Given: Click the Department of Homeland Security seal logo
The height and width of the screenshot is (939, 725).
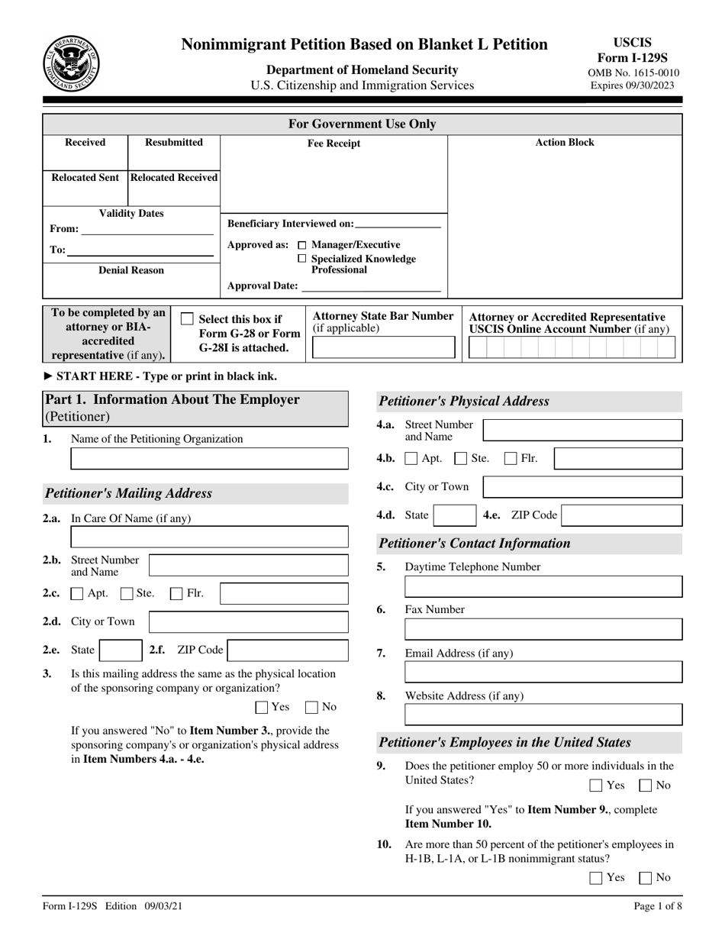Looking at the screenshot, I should pos(71,63).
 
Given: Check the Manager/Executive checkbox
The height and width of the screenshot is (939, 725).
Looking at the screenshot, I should pos(302,245).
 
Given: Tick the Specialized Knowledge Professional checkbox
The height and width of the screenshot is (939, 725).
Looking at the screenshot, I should pos(302,259).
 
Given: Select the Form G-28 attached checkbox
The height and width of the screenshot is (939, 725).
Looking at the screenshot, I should pos(187,319).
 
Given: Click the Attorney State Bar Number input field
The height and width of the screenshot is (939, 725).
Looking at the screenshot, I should pos(383,348).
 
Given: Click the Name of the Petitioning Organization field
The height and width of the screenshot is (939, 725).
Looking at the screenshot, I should pos(209,459).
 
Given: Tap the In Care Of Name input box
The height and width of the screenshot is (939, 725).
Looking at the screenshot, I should pos(209,537).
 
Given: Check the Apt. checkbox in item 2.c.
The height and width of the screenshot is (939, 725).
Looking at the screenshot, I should pos(77,593).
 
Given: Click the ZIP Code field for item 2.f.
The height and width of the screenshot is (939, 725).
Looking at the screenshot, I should pos(288,650).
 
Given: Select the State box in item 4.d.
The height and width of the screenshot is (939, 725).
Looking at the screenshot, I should pos(455,515).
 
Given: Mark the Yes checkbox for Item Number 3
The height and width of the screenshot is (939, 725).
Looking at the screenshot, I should pos(262,707).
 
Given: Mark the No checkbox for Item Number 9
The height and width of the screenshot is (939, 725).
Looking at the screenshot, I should pos(645,785).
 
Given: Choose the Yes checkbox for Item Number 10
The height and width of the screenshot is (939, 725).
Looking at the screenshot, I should pos(597,878).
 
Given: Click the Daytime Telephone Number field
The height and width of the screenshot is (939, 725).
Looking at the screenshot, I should pos(543,587).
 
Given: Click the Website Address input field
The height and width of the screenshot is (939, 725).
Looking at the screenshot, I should pos(543,715).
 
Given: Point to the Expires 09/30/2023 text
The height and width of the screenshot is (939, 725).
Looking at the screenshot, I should pos(632,86).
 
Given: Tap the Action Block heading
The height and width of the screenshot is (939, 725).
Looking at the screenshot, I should pos(565,143).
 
